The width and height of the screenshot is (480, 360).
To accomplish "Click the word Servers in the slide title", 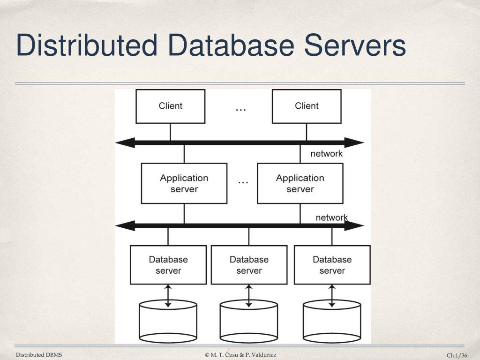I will coord(354,46).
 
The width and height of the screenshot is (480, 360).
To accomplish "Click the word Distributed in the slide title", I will coord(86,46).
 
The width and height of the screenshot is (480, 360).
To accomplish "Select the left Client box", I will coord(170,106).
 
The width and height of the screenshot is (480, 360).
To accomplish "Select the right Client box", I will coord(307,106).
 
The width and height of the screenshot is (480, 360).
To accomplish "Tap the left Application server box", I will coord(184,183).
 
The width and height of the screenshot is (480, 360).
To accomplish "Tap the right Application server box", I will coord(300,183).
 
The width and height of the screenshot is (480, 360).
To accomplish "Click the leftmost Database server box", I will coord(168,265).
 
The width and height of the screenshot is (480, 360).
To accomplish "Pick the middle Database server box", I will coord(249,265).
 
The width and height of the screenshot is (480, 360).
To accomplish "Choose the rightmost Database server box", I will coord(332,265).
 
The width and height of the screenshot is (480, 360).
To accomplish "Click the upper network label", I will coord(326,154).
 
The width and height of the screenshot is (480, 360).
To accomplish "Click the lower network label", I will coord(331,217).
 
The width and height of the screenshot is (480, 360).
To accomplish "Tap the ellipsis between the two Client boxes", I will coord(240,109).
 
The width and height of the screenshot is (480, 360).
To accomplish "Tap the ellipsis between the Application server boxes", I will coord(243,181).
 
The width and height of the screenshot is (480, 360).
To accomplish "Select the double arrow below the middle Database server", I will coord(249,296).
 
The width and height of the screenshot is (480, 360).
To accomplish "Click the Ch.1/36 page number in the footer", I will coord(457,355).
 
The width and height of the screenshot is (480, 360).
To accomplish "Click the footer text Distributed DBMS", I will coord(39,355).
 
